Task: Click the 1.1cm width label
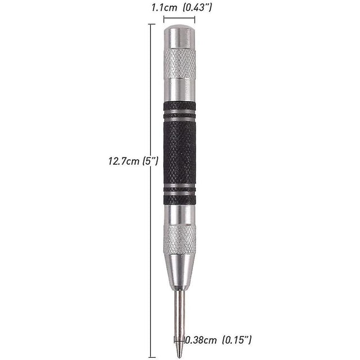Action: click(x=164, y=8)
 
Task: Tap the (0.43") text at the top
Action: click(x=197, y=8)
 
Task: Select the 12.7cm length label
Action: click(x=124, y=161)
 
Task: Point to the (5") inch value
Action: click(x=150, y=161)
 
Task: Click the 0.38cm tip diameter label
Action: click(x=201, y=340)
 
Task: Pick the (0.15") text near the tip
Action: click(x=237, y=340)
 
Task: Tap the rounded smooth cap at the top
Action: click(x=179, y=37)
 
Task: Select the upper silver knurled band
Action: click(x=180, y=64)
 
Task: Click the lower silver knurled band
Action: click(x=179, y=240)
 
